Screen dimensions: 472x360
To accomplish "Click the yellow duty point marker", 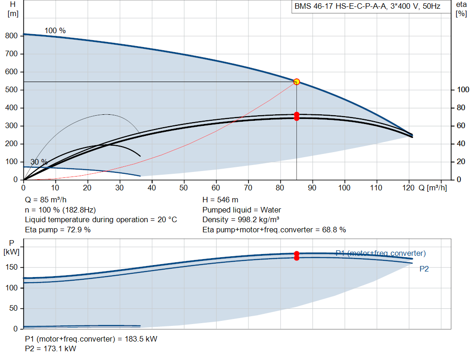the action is (x=296, y=82).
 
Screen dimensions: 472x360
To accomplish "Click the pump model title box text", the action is (x=367, y=6).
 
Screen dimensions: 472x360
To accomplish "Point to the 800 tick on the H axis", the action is (x=11, y=35).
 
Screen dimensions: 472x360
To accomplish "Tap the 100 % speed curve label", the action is (x=55, y=30).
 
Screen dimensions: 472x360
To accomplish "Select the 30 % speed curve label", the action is (x=39, y=162).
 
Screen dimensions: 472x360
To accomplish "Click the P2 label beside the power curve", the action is (x=424, y=269).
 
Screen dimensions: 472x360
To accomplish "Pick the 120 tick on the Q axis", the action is (x=408, y=188).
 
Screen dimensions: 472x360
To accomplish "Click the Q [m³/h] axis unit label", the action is (x=432, y=188).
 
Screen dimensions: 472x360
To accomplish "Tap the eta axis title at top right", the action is (x=461, y=9).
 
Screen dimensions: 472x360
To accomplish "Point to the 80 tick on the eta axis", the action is (x=461, y=108).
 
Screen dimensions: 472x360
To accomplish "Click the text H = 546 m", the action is (x=220, y=200).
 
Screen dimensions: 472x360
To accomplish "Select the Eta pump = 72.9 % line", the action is (x=58, y=230).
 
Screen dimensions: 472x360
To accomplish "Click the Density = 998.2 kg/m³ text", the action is (x=241, y=220).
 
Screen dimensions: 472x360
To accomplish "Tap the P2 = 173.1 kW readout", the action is (x=51, y=348).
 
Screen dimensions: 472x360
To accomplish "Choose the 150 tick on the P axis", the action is (x=12, y=267).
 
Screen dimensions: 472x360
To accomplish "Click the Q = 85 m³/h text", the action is (x=46, y=200).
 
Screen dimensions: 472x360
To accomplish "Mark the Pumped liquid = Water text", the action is (x=242, y=210).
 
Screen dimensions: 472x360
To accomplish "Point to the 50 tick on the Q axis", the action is (x=183, y=188).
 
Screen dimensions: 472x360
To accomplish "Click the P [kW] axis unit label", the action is (x=12, y=248).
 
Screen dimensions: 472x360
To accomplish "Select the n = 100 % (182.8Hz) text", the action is (x=60, y=210).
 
